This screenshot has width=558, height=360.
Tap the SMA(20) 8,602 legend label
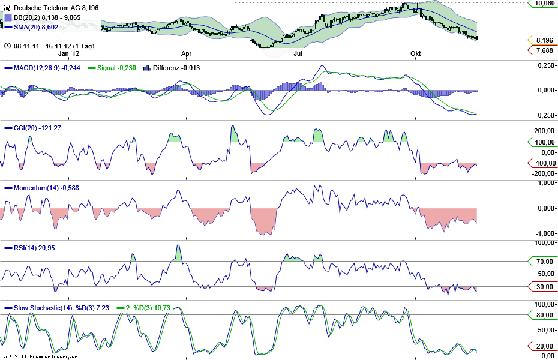click(x=36, y=27)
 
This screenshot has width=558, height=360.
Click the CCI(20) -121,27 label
click(x=37, y=128)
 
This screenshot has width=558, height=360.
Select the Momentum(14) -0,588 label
click(x=46, y=188)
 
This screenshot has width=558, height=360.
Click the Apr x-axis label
click(x=186, y=53)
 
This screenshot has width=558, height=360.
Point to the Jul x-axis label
click(x=298, y=53)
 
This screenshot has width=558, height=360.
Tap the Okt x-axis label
click(x=415, y=53)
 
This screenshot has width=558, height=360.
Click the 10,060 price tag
click(x=544, y=3)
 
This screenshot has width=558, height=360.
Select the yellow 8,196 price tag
click(x=544, y=40)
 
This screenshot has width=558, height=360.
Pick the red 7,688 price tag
click(x=544, y=51)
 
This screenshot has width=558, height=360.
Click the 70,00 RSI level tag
click(x=544, y=262)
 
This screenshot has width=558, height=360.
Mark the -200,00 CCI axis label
click(x=542, y=173)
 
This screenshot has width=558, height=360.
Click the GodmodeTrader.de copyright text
click(x=40, y=356)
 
